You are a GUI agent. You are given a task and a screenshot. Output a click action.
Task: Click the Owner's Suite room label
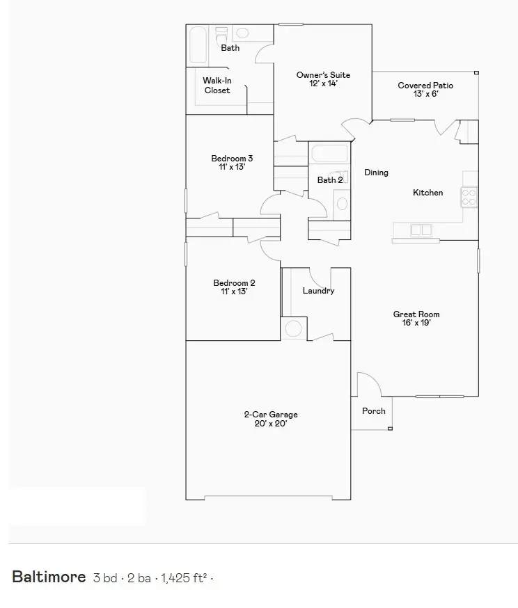322,79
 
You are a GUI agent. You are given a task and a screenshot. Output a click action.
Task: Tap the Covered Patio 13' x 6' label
425,90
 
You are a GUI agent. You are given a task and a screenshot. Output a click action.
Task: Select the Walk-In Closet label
217,86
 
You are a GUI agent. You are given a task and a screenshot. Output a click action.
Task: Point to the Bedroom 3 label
232,163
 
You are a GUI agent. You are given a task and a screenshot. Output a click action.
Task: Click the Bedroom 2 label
234,287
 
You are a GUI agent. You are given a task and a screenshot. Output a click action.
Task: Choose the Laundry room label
318,291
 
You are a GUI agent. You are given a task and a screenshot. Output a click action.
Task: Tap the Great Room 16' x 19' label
416,319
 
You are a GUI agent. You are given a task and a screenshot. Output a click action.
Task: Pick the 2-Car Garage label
271,419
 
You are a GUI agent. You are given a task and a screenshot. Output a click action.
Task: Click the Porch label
374,411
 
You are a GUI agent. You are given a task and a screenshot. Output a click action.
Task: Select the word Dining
377,173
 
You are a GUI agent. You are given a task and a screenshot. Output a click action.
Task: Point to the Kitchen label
428,193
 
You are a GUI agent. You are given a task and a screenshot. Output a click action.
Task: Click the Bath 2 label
329,180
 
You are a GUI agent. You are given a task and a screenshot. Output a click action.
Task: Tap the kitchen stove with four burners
469,197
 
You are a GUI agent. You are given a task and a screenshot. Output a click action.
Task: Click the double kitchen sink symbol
421,230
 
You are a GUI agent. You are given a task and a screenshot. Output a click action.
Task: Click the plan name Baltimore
49,577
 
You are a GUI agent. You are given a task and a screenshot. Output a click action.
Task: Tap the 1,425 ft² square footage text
184,577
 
